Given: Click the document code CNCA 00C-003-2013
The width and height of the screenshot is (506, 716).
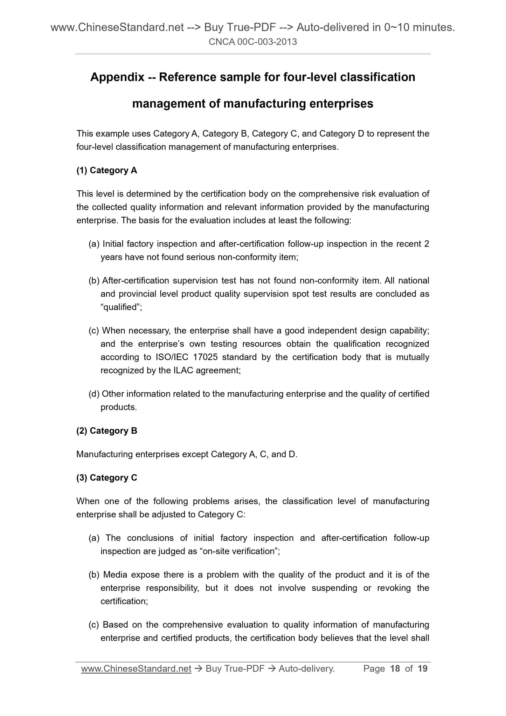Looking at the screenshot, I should click(x=252, y=42).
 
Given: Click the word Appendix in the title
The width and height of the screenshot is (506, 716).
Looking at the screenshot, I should click(x=117, y=77).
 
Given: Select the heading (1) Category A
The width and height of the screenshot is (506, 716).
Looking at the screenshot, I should click(x=106, y=170).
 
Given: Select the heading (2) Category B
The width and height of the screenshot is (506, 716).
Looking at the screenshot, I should click(x=106, y=431).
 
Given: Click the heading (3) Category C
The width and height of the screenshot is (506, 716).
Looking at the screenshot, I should click(x=106, y=478).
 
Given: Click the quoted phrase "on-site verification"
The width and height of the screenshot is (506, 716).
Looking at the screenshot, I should click(x=239, y=551).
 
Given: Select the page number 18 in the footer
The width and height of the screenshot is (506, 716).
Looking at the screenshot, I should click(x=395, y=669).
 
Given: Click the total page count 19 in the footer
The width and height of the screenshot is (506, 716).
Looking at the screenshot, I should click(x=423, y=669).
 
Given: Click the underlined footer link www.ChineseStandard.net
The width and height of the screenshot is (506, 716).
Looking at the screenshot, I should click(x=136, y=669).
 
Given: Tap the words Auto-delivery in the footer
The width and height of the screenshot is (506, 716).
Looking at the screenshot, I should click(x=306, y=669).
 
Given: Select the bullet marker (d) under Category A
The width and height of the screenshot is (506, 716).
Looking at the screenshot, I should click(x=94, y=394).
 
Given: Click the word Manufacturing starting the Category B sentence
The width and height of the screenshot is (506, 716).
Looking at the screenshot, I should click(x=104, y=454).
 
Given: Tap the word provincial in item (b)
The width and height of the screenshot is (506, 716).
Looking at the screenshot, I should click(x=138, y=294).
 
